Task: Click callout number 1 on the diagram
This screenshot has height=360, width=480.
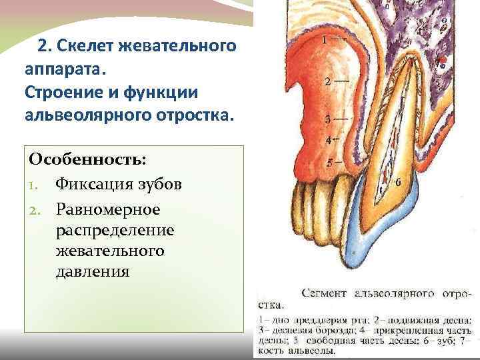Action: tap(325, 39)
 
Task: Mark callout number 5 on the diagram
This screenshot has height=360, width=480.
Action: tap(329, 162)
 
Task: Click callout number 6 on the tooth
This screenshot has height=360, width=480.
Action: tap(398, 181)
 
